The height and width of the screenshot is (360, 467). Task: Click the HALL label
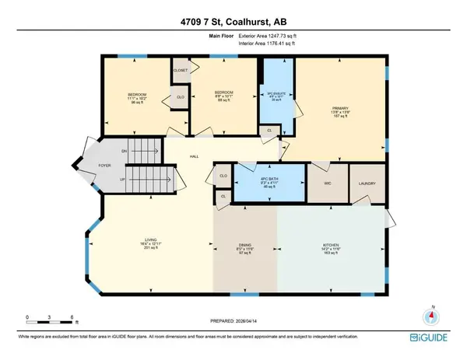tap(195, 156)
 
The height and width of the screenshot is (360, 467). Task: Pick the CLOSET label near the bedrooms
tap(181, 69)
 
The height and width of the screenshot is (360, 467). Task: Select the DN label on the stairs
tap(123, 152)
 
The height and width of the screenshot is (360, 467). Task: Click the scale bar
tap(49, 323)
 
